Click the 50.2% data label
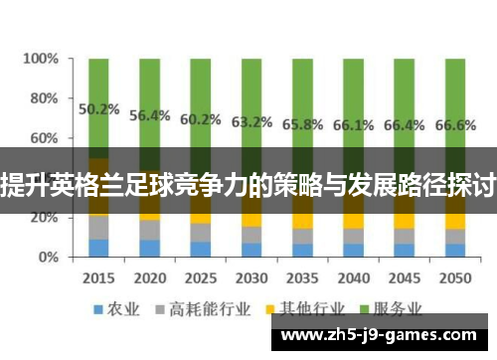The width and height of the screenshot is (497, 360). [99, 109]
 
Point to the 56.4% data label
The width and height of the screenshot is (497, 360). [150, 115]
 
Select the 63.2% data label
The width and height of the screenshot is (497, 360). [251, 122]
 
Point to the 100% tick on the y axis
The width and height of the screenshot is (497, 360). [41, 59]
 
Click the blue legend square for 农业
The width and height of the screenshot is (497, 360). [99, 306]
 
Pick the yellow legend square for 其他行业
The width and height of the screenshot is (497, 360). [269, 306]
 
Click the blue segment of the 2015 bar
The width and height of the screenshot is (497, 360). [99, 247]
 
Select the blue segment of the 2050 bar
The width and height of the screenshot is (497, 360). [455, 250]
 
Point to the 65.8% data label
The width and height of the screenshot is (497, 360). [302, 124]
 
